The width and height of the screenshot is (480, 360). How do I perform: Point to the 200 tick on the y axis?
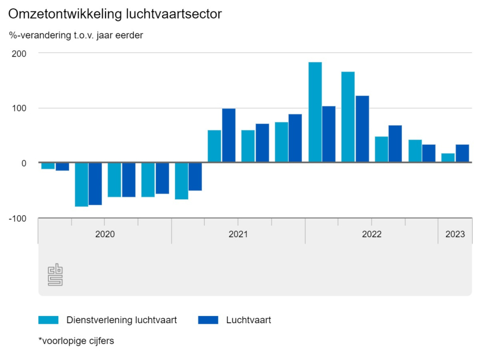21,53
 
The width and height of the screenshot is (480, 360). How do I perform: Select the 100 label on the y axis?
21,108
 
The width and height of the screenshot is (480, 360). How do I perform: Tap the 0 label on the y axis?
24,163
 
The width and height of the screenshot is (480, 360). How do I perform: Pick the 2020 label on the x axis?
105,234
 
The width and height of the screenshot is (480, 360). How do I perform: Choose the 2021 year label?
238,234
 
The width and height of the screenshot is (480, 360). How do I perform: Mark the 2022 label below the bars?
372,234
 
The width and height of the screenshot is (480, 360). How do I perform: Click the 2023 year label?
455,234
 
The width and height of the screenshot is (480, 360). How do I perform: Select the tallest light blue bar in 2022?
315,113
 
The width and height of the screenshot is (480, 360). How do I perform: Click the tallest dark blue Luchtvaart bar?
362,129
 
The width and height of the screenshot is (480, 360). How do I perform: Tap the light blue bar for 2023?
448,158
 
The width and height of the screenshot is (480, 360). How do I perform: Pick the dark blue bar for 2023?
462,154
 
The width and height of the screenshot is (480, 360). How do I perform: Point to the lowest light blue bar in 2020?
82,184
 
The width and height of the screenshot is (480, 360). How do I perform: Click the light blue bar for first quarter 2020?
48,166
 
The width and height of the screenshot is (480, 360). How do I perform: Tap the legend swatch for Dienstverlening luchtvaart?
48,320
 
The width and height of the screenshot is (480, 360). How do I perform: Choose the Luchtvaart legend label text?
248,320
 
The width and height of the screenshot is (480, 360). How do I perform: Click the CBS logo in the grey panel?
55,275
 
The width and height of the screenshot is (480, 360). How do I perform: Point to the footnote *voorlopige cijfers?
76,341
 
